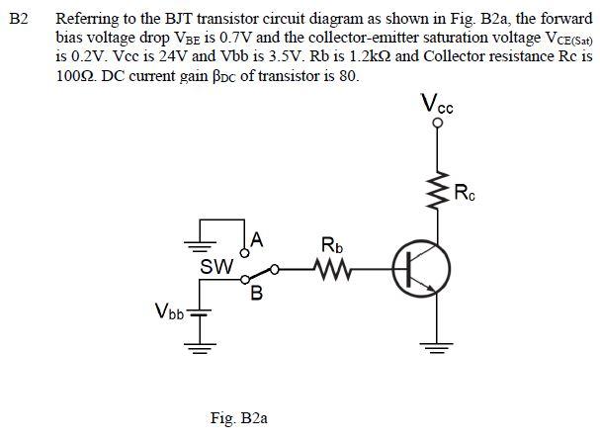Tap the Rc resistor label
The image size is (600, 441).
click(x=465, y=192)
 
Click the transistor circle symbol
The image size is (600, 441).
click(x=423, y=268)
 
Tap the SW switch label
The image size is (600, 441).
click(x=215, y=267)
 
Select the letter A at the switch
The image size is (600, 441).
click(x=256, y=238)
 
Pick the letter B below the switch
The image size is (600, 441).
click(x=256, y=294)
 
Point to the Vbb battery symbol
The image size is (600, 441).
click(x=202, y=314)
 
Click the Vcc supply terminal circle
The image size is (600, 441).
click(x=433, y=122)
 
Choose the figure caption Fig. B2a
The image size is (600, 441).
click(x=239, y=418)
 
